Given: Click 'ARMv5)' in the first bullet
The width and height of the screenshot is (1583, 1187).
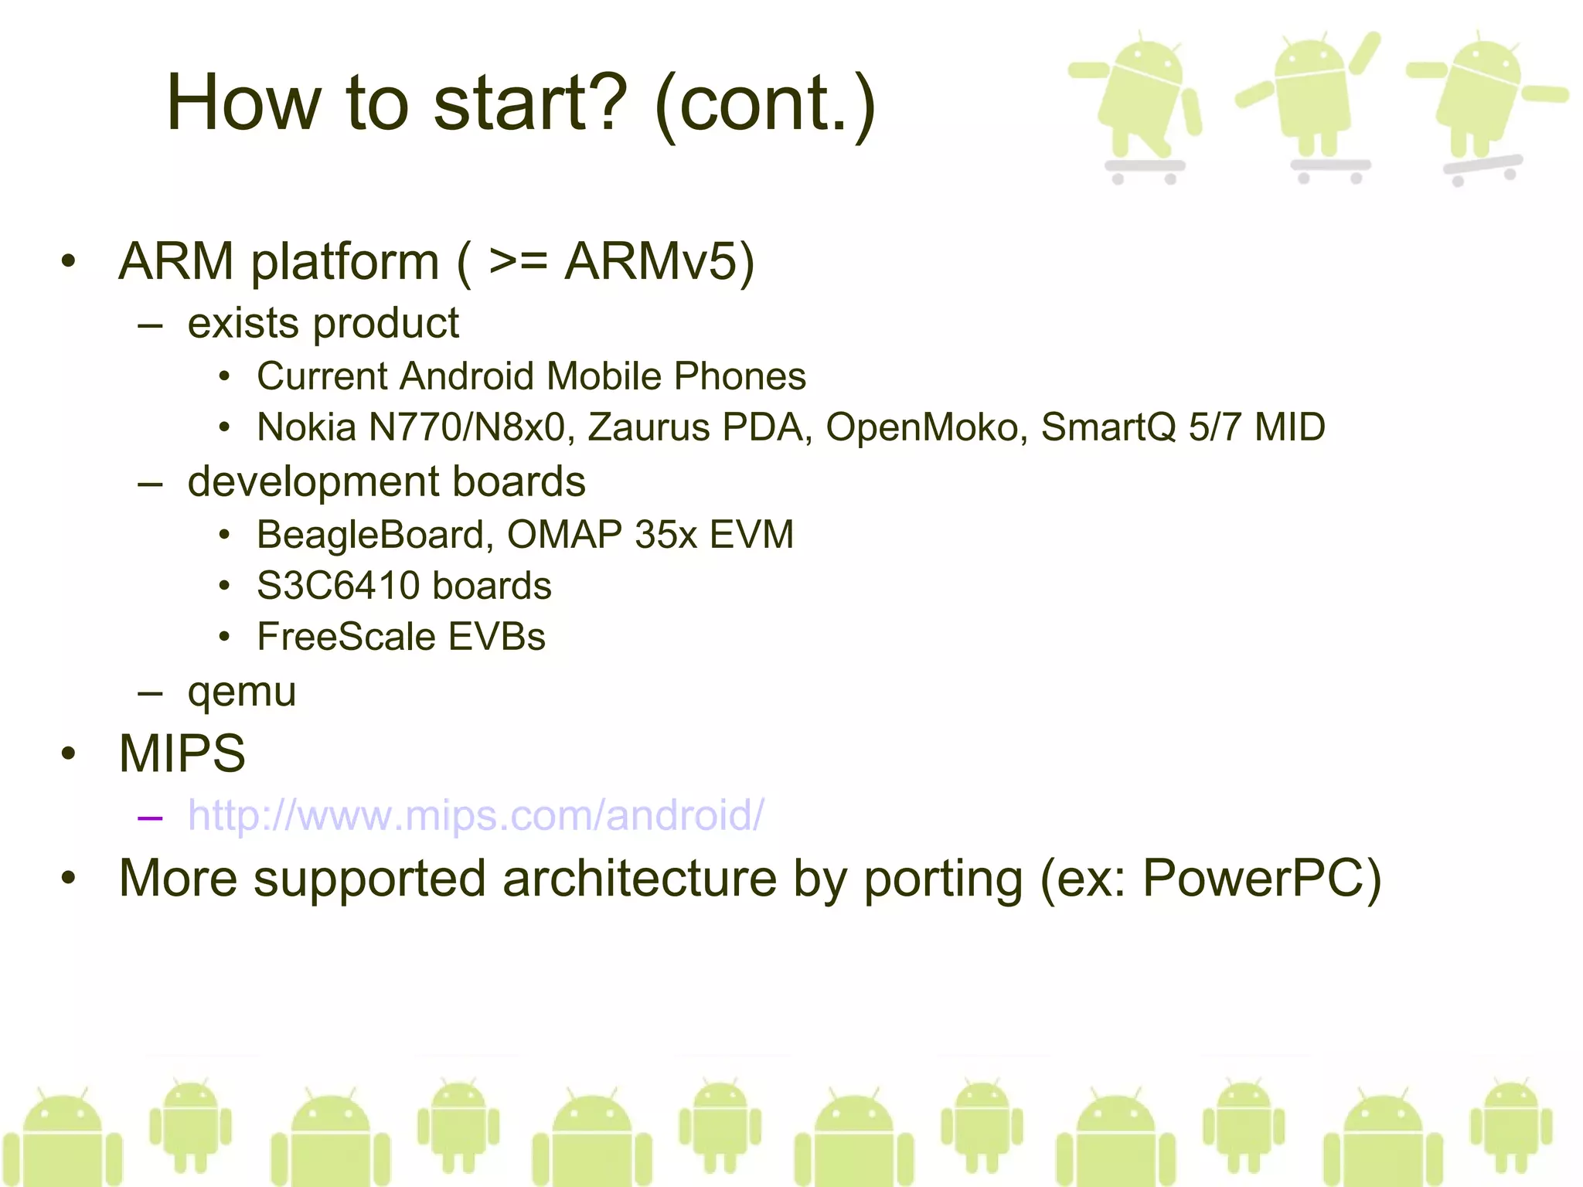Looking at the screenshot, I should coord(659,261).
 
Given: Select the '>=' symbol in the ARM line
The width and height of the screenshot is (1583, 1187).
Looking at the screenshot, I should coord(518,261).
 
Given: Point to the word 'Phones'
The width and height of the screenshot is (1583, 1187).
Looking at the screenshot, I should coord(740,376).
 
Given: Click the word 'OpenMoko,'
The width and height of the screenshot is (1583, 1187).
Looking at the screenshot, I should coord(927,427).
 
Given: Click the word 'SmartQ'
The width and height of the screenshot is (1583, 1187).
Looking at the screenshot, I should coord(1108,427).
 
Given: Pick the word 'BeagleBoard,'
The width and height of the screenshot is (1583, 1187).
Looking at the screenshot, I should coord(375,535).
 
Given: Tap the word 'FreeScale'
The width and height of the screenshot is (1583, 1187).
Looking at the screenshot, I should coord(347,637).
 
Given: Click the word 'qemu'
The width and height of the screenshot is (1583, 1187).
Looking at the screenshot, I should coord(242,692).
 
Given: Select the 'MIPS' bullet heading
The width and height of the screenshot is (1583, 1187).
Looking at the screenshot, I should coord(182,753).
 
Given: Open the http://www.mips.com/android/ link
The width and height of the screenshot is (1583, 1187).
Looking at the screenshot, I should coord(475,815).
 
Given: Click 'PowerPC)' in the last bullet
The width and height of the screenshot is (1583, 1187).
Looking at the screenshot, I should coord(1261,879).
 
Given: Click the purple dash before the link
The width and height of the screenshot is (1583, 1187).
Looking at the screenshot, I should coord(150,817).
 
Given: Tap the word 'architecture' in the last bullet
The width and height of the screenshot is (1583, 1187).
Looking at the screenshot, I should coord(640,879).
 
